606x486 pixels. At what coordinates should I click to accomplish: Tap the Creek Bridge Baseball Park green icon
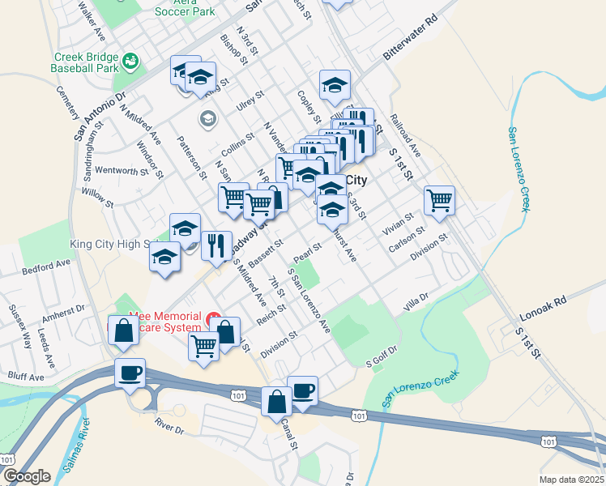(130, 61)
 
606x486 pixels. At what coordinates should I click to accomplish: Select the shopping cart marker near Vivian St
(439, 200)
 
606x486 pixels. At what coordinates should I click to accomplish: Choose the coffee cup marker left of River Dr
(130, 373)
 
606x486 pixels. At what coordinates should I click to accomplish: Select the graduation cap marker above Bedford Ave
(164, 257)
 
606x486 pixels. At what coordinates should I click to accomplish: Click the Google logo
(27, 476)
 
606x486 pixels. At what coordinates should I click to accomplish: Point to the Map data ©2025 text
(571, 480)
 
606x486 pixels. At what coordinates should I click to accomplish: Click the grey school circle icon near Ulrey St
(207, 119)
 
